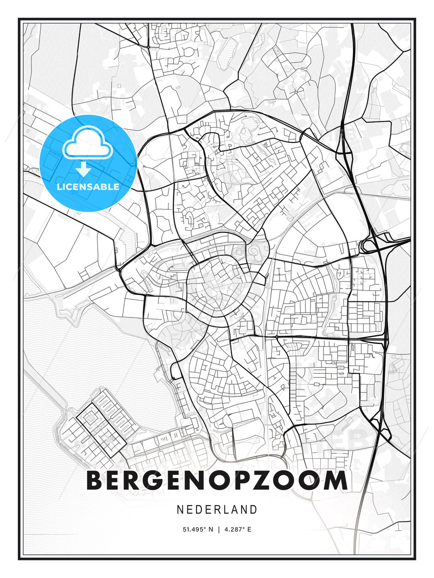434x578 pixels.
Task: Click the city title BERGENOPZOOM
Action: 217,480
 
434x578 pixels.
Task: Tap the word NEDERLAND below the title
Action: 217,509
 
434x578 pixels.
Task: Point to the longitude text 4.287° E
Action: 237,529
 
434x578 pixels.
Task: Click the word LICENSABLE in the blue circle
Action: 88,187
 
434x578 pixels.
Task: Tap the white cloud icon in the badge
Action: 87,142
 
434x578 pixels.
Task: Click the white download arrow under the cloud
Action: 84,169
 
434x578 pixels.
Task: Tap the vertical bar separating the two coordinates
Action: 219,529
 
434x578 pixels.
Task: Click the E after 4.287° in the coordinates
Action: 249,529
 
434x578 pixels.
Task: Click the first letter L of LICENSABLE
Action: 59,187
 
